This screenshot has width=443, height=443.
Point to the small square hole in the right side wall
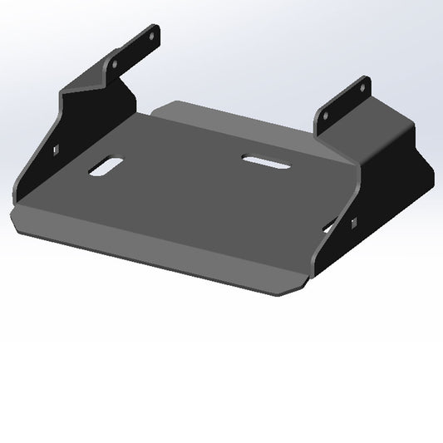(354, 222)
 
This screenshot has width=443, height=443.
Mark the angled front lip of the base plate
(150, 249)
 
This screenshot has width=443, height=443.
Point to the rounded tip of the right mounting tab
(365, 80)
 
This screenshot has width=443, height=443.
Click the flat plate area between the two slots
(183, 166)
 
